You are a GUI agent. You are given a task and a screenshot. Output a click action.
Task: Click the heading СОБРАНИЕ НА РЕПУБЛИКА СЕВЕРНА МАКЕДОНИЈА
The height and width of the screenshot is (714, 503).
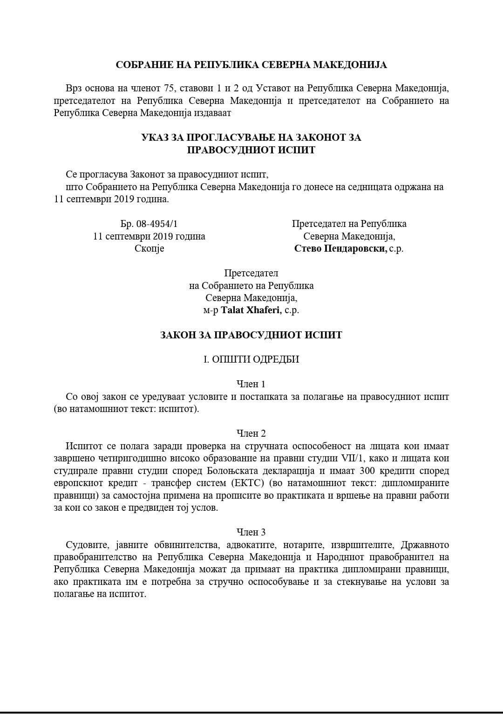251,65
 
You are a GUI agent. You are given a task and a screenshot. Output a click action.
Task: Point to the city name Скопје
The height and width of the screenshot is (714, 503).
149,248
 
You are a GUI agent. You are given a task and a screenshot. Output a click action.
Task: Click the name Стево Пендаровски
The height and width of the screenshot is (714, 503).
340,248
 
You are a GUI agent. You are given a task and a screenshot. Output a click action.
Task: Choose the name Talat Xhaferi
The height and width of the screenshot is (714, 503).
251,310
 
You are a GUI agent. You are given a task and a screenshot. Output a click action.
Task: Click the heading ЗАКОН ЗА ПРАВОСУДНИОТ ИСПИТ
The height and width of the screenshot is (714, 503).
251,335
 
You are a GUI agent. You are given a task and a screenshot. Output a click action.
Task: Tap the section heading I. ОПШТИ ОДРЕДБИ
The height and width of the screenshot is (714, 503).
251,359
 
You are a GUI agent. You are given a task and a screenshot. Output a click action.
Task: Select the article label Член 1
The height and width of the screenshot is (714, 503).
251,384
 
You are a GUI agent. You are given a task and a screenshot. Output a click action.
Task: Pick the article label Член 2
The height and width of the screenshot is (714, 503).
251,433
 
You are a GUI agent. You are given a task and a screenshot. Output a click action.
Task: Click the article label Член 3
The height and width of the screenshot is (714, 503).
251,532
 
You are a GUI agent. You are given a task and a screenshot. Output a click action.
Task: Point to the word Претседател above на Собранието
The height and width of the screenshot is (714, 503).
251,273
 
